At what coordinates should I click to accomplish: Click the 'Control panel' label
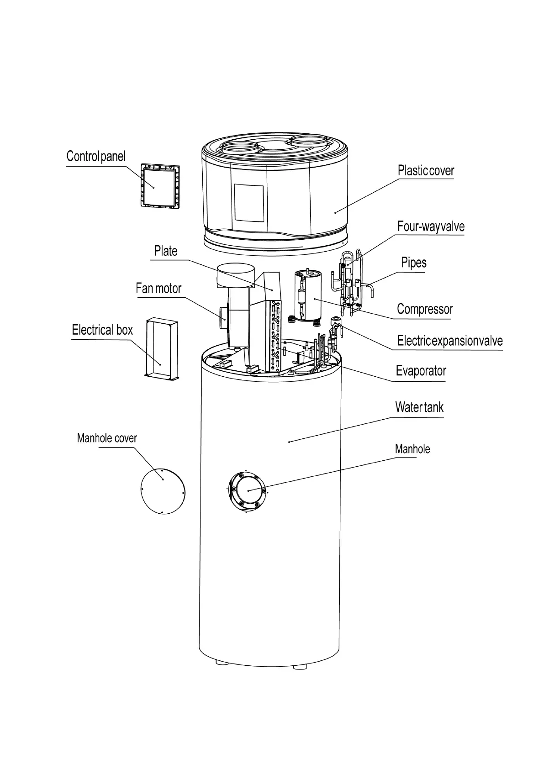point(96,157)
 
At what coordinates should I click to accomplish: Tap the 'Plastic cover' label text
point(426,171)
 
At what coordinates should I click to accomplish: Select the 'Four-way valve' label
point(431,226)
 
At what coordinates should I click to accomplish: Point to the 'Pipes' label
point(414,263)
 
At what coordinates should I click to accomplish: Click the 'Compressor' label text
point(425,309)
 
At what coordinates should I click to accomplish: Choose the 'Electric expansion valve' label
point(449,341)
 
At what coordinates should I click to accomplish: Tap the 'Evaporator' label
point(421,371)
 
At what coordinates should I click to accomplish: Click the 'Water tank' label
point(419,407)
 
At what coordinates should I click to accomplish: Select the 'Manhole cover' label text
point(107,438)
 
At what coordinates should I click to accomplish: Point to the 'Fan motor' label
point(158,289)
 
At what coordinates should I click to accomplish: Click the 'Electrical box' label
point(102,330)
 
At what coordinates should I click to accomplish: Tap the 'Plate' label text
point(165,251)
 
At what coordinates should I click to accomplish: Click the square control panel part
point(159,186)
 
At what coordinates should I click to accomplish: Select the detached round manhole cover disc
point(163,491)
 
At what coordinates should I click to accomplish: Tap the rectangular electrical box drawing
point(161,349)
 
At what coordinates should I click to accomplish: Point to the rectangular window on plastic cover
point(249,203)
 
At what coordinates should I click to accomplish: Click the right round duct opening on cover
point(309,142)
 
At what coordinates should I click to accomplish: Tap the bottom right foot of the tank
point(300,666)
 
